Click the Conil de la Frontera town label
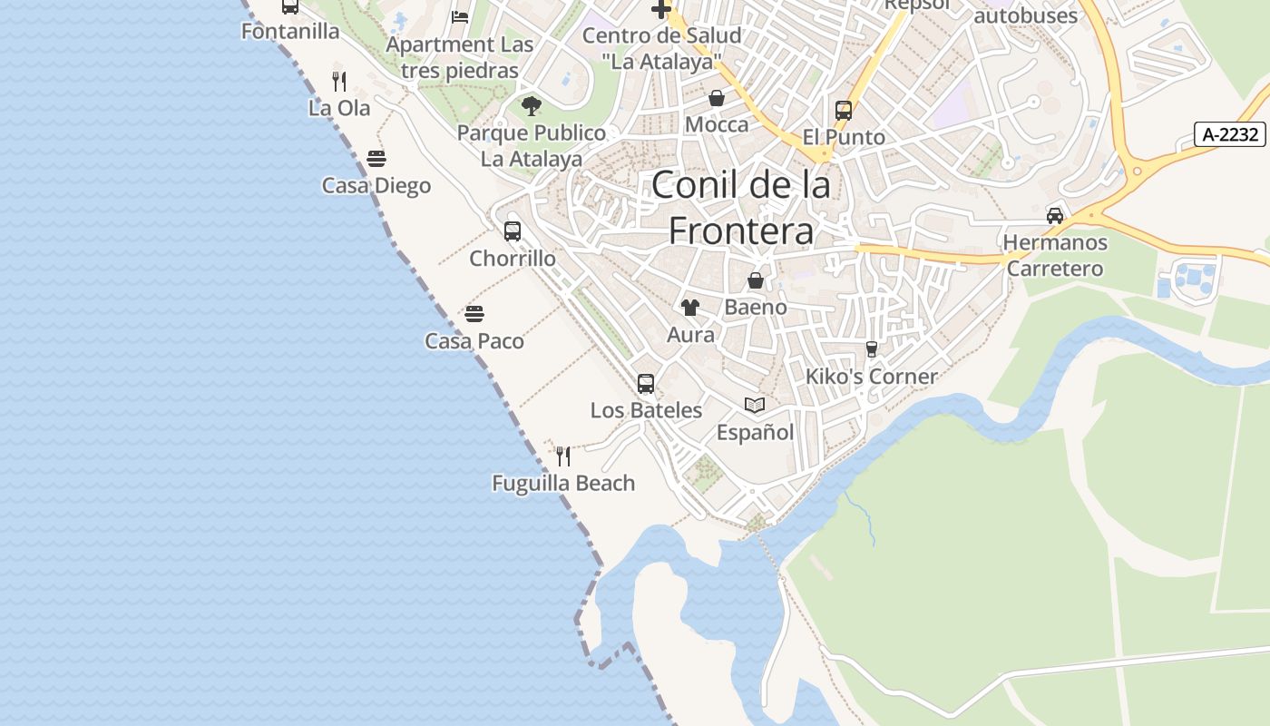741,208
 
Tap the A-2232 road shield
1230,135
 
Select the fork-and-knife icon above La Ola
339,82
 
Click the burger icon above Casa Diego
376,160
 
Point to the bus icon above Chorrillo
513,231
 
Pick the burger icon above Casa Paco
474,315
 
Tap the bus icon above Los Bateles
646,384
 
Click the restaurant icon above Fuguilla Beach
563,456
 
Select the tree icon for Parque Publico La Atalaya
532,106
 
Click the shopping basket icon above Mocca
717,98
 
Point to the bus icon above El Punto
844,111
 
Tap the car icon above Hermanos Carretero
1055,216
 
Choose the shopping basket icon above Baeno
756,280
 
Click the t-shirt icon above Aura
690,308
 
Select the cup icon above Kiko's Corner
872,349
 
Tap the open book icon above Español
755,405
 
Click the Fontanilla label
290,32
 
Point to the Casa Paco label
474,341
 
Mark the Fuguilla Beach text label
563,484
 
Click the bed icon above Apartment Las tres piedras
460,17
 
